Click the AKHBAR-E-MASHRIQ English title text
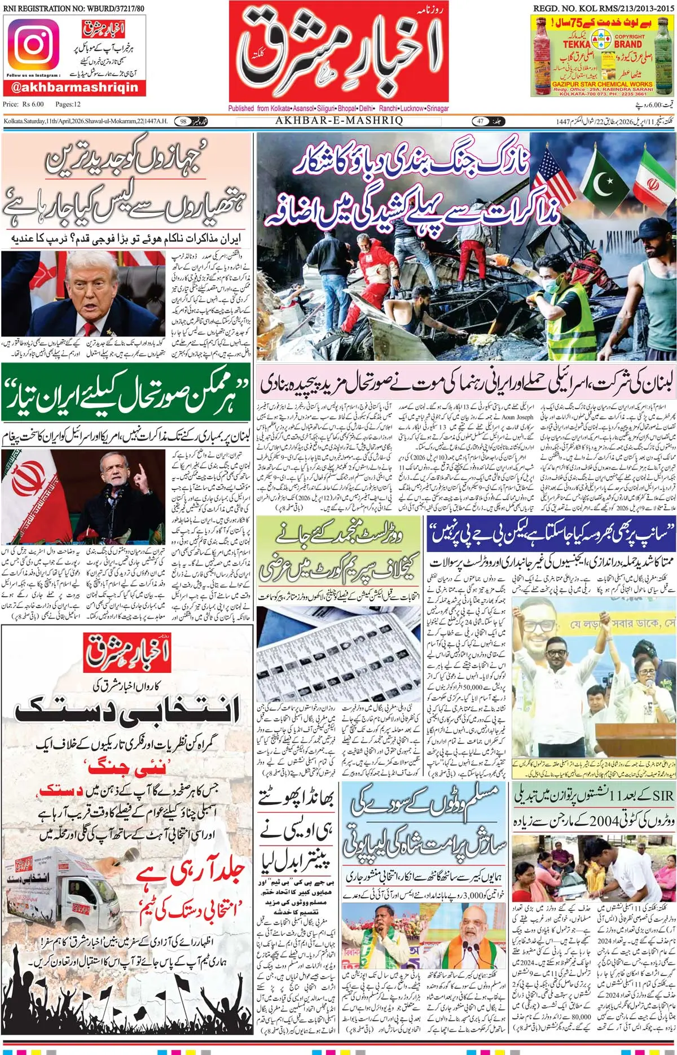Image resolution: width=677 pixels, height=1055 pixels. click(x=339, y=120)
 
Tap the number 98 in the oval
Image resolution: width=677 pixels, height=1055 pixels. click(x=183, y=121)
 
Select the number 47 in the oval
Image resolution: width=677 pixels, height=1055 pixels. click(x=481, y=121)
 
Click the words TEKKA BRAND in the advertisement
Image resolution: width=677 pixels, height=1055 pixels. click(x=601, y=43)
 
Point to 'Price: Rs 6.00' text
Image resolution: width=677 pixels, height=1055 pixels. click(x=23, y=104)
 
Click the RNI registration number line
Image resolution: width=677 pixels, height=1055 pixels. click(x=73, y=8)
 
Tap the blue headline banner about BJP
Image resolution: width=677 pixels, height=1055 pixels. click(x=551, y=533)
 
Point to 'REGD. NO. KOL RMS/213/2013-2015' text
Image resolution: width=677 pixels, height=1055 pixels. click(x=603, y=8)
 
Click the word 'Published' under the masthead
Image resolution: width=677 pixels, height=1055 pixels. click(x=241, y=108)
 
